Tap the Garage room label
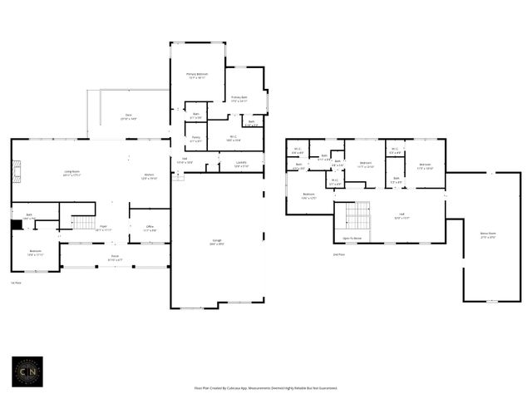pyautogui.click(x=216, y=242)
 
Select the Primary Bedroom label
pyautogui.click(x=196, y=76)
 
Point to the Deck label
pyautogui.click(x=128, y=116)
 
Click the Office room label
pyautogui.click(x=150, y=228)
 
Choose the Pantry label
pyautogui.click(x=195, y=139)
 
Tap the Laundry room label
pyautogui.click(x=241, y=164)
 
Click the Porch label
pyautogui.click(x=115, y=258)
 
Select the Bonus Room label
pyautogui.click(x=487, y=235)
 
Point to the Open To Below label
pyautogui.click(x=352, y=239)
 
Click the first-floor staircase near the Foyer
pyautogui.click(x=85, y=222)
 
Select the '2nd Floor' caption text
pyautogui.click(x=338, y=254)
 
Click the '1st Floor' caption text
pyautogui.click(x=15, y=283)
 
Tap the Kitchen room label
pyautogui.click(x=149, y=177)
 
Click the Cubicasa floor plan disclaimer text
pyautogui.click(x=265, y=387)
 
